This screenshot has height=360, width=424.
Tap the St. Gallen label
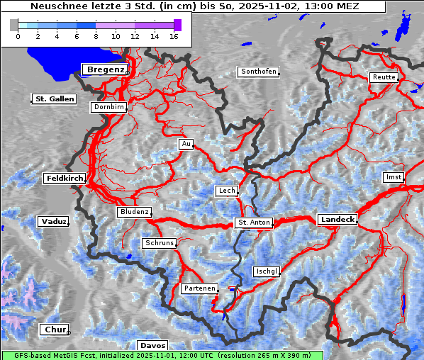tap(55, 99)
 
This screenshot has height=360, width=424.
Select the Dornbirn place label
tap(109, 107)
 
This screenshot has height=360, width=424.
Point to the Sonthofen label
tap(258, 72)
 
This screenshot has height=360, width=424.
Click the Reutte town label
tap(384, 77)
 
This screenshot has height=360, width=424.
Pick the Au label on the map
tap(186, 144)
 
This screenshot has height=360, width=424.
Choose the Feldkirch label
tap(65, 179)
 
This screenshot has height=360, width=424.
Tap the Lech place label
tap(227, 191)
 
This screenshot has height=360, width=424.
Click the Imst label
tap(393, 176)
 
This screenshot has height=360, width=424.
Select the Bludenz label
tap(134, 212)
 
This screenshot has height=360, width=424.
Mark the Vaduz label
tap(53, 222)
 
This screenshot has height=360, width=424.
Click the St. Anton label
tap(254, 223)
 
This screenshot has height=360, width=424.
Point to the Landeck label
tap(337, 220)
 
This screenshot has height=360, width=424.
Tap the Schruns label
tap(159, 243)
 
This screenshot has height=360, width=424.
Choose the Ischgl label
tap(267, 271)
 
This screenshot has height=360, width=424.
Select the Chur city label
tap(54, 330)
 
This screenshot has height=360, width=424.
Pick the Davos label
tap(153, 345)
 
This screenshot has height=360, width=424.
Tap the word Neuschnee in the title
tap(54, 6)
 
